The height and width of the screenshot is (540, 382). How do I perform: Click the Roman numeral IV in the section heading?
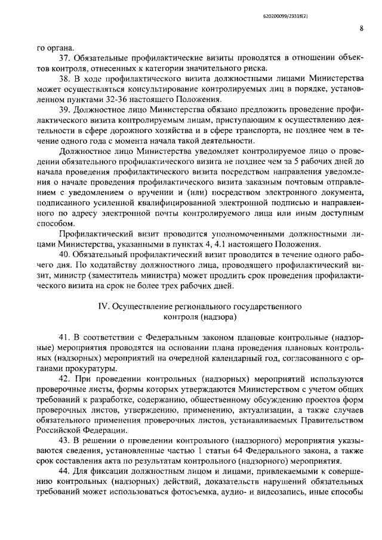point(103,306)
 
